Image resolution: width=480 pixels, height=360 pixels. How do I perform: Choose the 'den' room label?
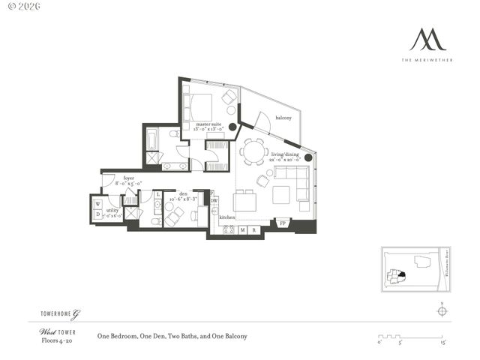182,194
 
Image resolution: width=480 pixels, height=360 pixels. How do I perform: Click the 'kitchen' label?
226,217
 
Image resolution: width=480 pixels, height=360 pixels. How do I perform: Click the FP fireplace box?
283,223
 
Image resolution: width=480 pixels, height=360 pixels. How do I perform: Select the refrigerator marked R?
254,229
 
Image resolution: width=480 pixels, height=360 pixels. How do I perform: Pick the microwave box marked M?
242,229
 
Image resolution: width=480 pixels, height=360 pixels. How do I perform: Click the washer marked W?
97,203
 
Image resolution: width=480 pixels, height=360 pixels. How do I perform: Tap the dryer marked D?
97,214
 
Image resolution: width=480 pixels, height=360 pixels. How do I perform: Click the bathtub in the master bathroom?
152,139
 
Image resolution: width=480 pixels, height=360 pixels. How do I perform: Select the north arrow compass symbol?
442,311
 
